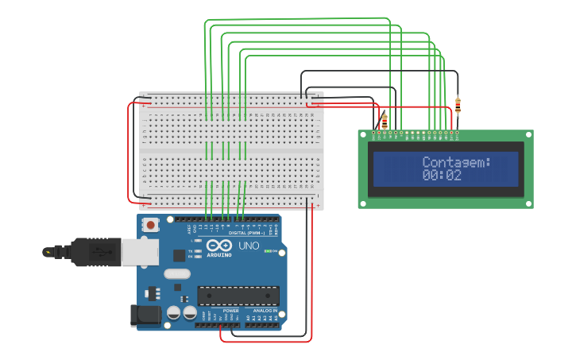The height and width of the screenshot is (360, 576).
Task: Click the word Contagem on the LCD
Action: coord(456,162)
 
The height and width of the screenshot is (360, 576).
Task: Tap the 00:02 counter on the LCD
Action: coord(442,176)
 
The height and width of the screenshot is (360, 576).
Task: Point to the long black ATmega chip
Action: coord(238,295)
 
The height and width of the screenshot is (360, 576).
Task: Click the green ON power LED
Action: coord(268,252)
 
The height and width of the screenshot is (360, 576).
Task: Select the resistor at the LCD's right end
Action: coord(458,103)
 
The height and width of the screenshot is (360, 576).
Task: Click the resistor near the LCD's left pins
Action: coord(385,121)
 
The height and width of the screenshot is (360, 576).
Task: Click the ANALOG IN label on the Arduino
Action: coord(265,310)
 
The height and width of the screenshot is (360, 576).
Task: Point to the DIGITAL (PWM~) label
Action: coord(246,233)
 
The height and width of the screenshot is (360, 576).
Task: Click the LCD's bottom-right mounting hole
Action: coord(528,204)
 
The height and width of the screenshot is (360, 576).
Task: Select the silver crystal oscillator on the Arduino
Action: coord(178,274)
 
